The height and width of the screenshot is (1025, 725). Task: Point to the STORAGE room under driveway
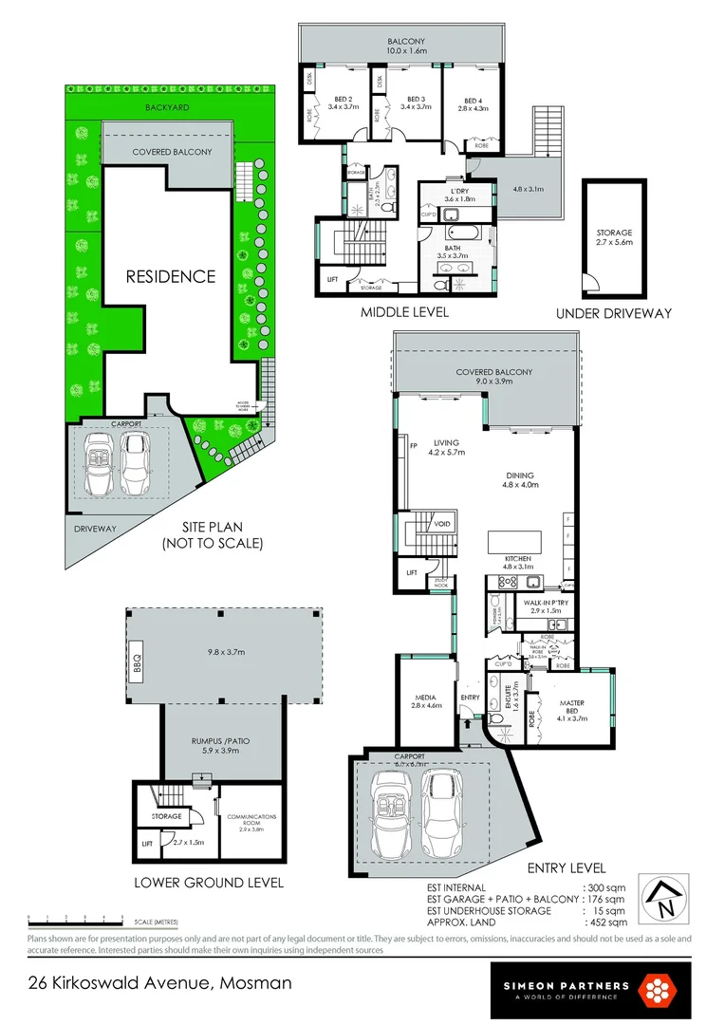point(613,236)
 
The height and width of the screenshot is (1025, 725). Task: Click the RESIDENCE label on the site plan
point(171,276)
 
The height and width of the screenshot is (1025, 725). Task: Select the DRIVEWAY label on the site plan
point(95,529)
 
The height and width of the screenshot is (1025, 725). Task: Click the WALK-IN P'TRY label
point(545,606)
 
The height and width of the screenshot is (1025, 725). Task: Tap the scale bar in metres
point(76,919)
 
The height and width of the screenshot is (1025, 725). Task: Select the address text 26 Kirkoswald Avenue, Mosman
point(158,983)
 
